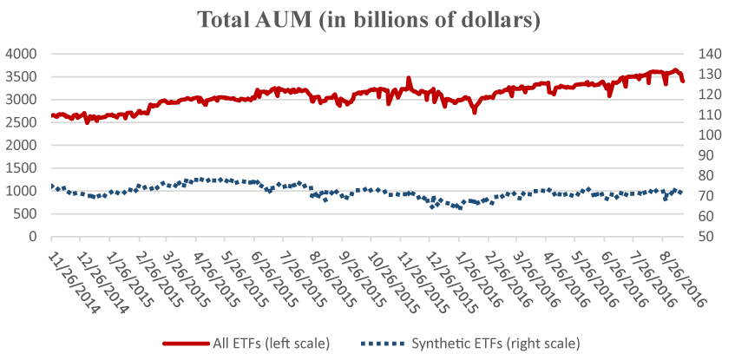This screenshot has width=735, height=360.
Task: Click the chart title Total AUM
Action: [367, 19]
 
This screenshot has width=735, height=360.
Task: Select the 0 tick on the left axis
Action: [34, 236]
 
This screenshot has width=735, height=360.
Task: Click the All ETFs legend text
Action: [271, 343]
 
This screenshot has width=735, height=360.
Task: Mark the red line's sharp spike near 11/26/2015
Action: [408, 78]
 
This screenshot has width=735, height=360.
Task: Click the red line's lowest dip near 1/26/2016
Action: [475, 112]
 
